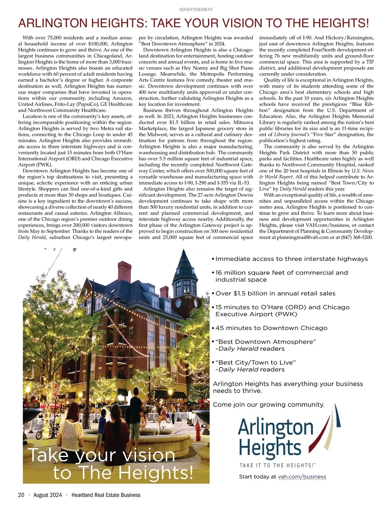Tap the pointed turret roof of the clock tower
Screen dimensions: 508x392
184,261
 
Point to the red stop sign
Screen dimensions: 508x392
56,389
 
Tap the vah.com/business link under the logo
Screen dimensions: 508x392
302,477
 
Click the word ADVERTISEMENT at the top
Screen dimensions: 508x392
196,9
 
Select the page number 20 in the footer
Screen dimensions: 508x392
21,495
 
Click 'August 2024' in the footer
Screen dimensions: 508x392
48,495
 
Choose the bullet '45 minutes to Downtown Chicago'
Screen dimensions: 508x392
271,328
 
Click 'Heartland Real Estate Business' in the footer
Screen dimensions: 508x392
106,495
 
